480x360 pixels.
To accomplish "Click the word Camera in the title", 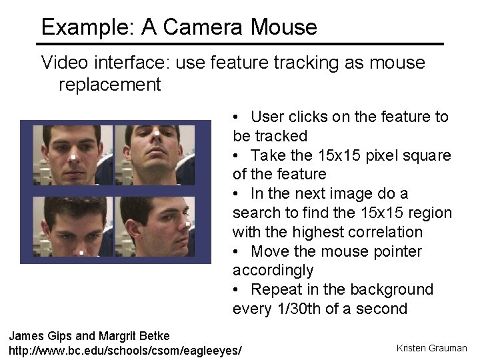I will [203, 27].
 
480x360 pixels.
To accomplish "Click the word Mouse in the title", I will [284, 27].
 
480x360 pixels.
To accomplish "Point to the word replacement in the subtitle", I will [110, 85].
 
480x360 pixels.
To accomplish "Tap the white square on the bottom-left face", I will [81, 253].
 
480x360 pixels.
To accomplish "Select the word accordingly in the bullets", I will [273, 270].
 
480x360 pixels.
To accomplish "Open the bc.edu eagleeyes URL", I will [125, 349].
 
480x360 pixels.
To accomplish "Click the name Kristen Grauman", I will [431, 348].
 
